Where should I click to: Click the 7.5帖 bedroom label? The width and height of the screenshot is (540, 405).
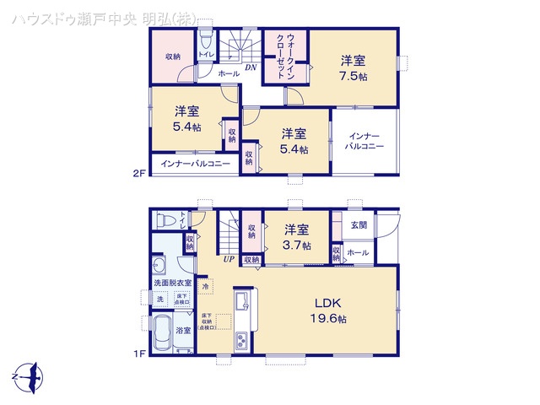click(x=354, y=67)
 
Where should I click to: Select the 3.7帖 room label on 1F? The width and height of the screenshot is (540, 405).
click(x=295, y=236)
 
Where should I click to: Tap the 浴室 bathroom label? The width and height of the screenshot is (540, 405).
click(x=183, y=331)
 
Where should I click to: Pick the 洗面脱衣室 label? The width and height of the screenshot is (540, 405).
click(x=172, y=283)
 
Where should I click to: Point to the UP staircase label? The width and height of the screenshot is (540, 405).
click(x=229, y=259)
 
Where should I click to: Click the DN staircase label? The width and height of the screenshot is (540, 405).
click(x=251, y=67)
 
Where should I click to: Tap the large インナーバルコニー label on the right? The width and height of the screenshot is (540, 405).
click(x=364, y=141)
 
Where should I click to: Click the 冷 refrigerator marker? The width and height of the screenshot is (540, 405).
click(x=206, y=286)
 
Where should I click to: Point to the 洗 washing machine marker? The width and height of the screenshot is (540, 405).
click(x=159, y=300)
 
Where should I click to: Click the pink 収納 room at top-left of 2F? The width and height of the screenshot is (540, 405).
click(x=173, y=57)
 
